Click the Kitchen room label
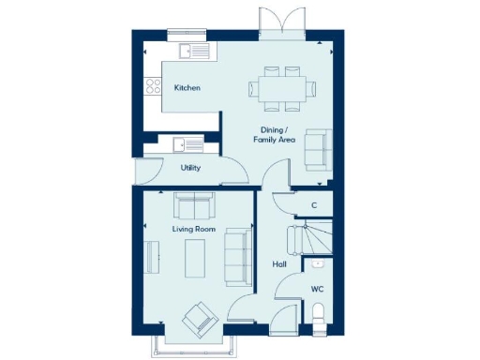point(187,88)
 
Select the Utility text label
point(190,168)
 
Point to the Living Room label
point(193,229)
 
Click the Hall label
point(278,264)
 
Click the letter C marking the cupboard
point(314,205)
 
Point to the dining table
point(282,88)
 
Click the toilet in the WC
point(318,314)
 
